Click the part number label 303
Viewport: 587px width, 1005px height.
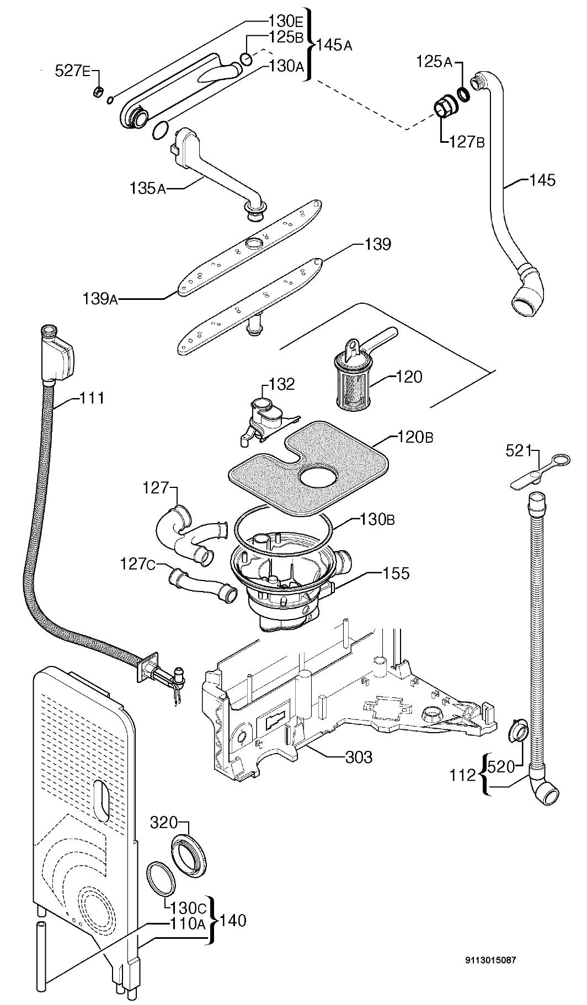click(x=359, y=757)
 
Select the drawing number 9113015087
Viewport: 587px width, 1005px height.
click(x=491, y=960)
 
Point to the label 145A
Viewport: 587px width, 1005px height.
click(x=334, y=45)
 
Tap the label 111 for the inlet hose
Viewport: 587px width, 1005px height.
click(x=91, y=397)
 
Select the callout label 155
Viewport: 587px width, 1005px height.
click(x=396, y=573)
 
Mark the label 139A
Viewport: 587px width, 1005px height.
click(x=100, y=299)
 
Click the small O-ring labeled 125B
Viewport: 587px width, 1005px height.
click(x=247, y=58)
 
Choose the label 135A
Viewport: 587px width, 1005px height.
click(x=148, y=188)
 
